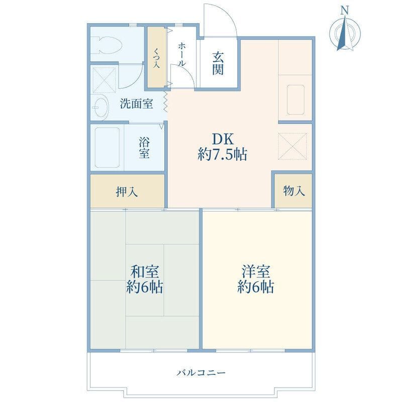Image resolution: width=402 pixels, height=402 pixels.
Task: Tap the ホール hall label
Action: click(181, 55)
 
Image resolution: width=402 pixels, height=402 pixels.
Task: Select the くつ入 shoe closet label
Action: click(156, 58)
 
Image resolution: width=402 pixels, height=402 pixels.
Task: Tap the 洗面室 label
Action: click(136, 104)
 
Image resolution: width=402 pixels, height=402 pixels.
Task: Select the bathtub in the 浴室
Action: click(108, 147)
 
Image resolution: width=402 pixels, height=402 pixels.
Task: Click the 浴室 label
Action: click(144, 148)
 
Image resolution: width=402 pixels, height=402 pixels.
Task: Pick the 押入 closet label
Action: click(127, 191)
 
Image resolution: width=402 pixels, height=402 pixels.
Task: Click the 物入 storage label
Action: click(294, 191)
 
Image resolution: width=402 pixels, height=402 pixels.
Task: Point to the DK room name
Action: click(223, 140)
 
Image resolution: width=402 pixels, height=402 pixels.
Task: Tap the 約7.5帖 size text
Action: click(222, 155)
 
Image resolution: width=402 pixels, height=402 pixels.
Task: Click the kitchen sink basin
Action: click(295, 99)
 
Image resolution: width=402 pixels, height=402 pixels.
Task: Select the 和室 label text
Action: click(145, 272)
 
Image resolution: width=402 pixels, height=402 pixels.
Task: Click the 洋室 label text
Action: click(256, 272)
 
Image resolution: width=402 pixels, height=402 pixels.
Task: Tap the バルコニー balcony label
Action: click(202, 372)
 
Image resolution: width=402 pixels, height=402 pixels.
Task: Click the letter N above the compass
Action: click(345, 11)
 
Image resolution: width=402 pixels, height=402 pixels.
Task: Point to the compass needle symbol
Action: click(345, 33)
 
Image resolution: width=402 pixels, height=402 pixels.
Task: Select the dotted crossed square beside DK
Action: click(292, 146)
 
